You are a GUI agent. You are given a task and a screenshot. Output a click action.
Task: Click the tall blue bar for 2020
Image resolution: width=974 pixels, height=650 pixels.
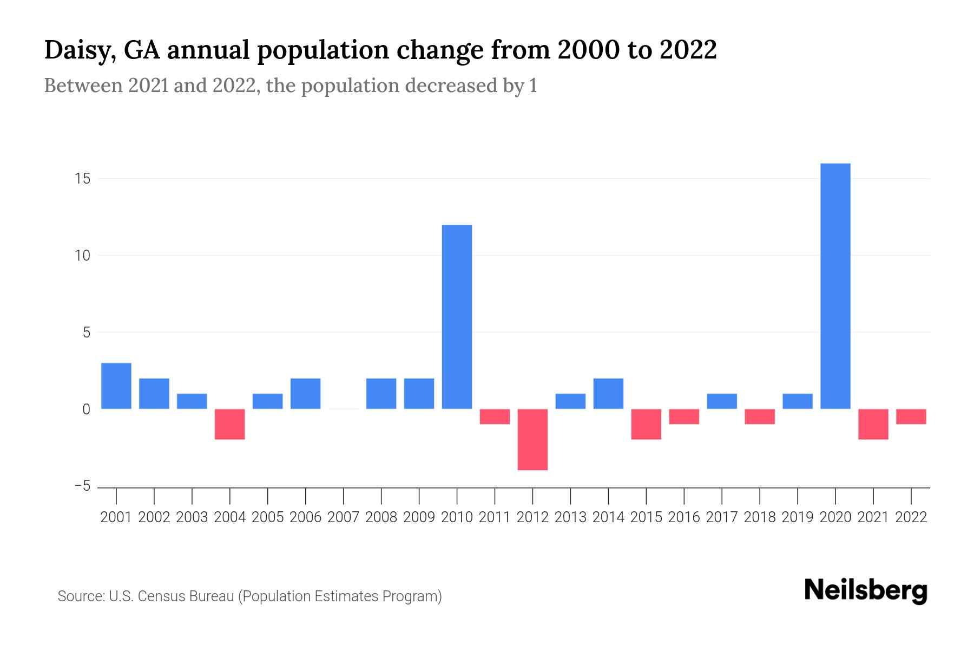(835, 286)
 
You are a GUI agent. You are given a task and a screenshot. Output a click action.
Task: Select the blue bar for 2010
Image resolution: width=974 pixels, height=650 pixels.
(457, 317)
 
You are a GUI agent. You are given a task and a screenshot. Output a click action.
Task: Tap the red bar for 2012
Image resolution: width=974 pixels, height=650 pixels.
(532, 439)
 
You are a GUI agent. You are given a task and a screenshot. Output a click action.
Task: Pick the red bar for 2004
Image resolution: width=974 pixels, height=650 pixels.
(230, 424)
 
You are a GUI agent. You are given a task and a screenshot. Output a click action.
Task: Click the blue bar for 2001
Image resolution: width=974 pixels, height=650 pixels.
(116, 386)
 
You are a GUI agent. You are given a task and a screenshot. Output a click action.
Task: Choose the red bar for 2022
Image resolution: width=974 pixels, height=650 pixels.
(911, 417)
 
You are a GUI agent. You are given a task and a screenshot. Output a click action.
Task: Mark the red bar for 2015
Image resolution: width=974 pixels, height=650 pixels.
(646, 424)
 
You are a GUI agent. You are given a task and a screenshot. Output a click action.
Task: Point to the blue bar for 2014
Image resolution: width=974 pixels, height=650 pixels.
(608, 394)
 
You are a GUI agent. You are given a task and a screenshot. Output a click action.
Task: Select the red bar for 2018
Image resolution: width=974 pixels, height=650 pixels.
(760, 417)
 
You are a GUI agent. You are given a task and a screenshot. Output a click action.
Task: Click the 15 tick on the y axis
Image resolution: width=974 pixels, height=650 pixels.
(82, 179)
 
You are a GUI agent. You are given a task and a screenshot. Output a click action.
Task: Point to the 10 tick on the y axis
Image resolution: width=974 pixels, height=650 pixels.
(82, 256)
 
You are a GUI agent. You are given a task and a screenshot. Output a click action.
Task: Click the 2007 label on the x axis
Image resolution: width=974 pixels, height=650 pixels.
(343, 517)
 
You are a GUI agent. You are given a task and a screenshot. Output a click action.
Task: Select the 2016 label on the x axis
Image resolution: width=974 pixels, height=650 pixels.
(684, 517)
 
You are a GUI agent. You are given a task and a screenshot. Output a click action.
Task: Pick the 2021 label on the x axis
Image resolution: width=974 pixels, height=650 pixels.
(873, 517)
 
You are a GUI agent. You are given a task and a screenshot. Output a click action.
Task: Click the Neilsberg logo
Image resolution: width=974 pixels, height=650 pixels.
(866, 590)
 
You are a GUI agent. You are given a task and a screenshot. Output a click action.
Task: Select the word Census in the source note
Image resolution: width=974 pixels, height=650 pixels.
(161, 596)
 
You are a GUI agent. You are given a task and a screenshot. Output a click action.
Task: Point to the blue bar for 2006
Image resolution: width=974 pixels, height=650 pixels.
(306, 394)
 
